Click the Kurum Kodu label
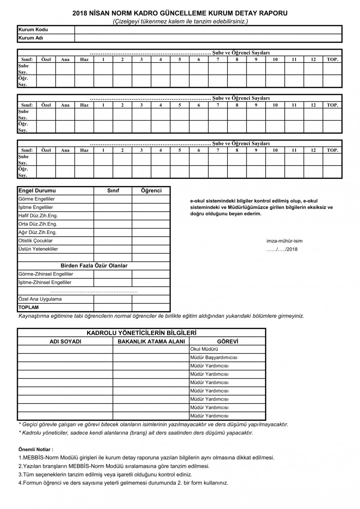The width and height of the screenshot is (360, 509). pos(33,29)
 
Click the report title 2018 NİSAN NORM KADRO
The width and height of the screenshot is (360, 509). pos(180,13)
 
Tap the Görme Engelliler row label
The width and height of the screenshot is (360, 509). pos(36,199)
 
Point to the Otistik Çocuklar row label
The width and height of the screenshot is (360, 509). pos(35,241)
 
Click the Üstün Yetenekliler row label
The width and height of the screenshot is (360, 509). pos(38,249)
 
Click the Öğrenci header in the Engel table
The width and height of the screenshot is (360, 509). pos(151,191)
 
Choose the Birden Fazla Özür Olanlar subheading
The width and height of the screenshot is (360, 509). pos(94,265)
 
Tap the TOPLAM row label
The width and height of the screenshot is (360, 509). pos(28,307)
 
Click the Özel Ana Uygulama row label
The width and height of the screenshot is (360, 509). pos(40,299)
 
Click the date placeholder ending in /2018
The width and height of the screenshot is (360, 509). pos(282,249)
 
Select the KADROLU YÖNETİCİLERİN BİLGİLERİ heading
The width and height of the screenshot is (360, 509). pos(141,333)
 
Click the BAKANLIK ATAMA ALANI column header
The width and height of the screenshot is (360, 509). pos(151,341)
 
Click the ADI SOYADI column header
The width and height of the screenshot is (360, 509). pos(65,341)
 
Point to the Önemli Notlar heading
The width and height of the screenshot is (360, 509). pos(36,449)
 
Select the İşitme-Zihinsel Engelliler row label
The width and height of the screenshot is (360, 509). pos(45,282)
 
